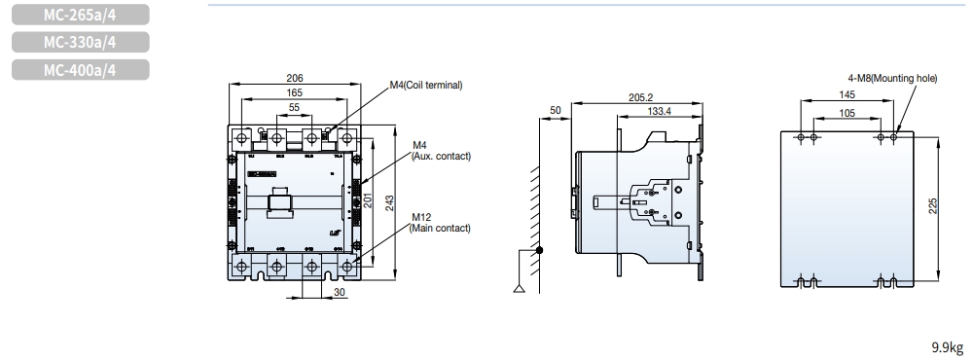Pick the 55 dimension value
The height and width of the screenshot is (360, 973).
(294, 107)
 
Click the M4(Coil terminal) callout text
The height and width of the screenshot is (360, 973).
(426, 85)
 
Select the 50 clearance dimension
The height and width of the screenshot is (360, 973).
(555, 111)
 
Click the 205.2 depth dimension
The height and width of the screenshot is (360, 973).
(640, 97)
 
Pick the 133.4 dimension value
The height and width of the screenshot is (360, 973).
(659, 112)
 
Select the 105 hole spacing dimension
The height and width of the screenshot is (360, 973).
(847, 112)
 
